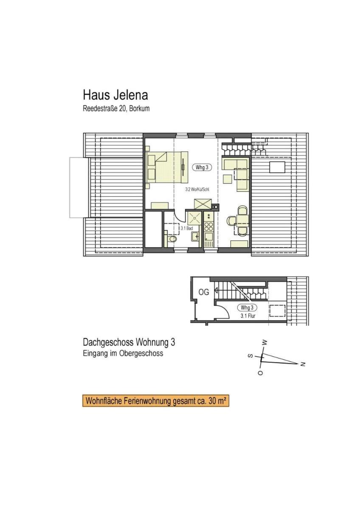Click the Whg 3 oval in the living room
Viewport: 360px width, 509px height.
pyautogui.click(x=202, y=168)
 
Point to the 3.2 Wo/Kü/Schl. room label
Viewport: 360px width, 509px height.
pyautogui.click(x=197, y=190)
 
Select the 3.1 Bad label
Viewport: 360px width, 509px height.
pyautogui.click(x=187, y=228)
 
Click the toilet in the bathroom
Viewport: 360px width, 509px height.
pyautogui.click(x=172, y=239)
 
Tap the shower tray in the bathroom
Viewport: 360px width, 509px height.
pyautogui.click(x=194, y=218)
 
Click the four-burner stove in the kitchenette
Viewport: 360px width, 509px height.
pyautogui.click(x=209, y=227)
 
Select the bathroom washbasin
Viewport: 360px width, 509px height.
pyautogui.click(x=195, y=236)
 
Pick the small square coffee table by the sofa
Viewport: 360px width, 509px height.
pyautogui.click(x=228, y=179)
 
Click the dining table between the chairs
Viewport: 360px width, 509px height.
pyautogui.click(x=242, y=221)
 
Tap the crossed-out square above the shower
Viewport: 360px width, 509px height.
pyautogui.click(x=203, y=204)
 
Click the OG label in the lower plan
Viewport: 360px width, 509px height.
pyautogui.click(x=204, y=292)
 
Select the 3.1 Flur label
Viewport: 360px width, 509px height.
pyautogui.click(x=248, y=316)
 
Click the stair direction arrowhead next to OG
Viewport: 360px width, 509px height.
pyautogui.click(x=215, y=290)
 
